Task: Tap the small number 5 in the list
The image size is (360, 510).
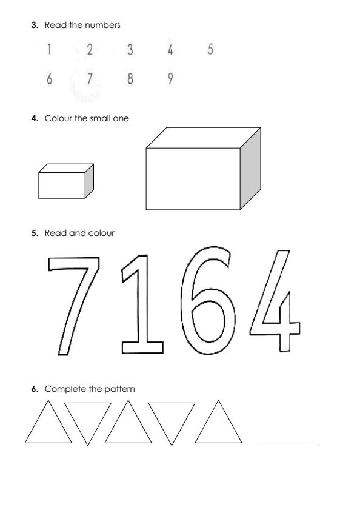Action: pyautogui.click(x=210, y=50)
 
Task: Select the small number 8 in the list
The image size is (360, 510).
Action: pyautogui.click(x=130, y=81)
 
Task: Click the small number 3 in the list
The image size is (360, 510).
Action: pyautogui.click(x=130, y=50)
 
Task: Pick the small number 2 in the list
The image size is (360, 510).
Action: pyautogui.click(x=90, y=50)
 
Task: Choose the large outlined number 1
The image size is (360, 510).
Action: pyautogui.click(x=143, y=303)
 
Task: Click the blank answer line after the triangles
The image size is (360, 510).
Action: pyautogui.click(x=288, y=445)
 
